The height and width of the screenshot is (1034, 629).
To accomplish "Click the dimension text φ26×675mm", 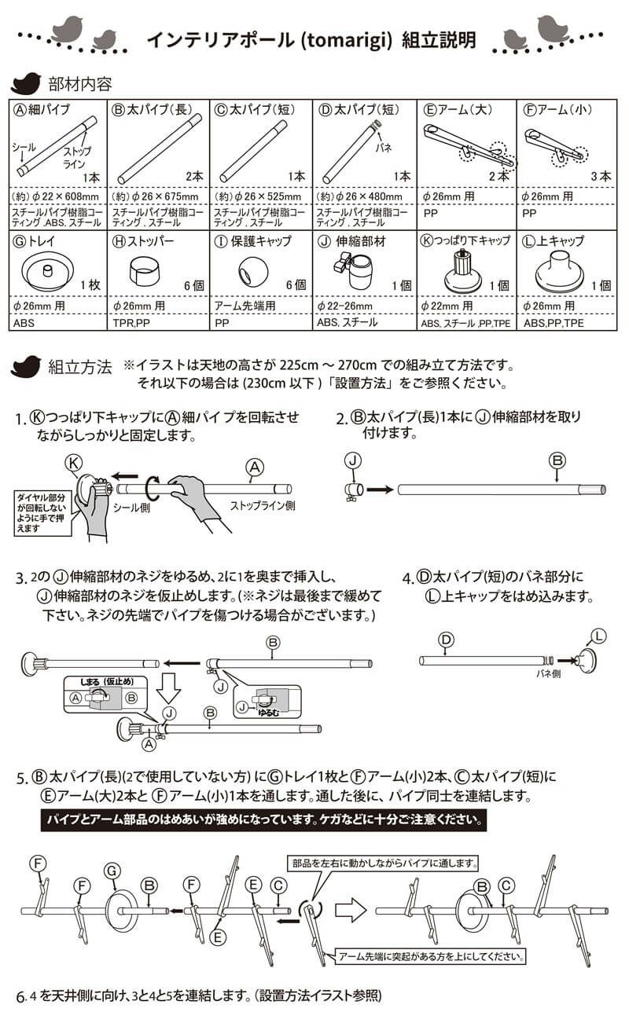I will (x=156, y=196).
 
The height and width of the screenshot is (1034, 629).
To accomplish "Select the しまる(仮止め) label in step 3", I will (x=103, y=683).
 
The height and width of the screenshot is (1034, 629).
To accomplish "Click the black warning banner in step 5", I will (x=264, y=821).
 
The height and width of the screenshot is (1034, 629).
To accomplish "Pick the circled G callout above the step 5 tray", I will (x=112, y=869).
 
